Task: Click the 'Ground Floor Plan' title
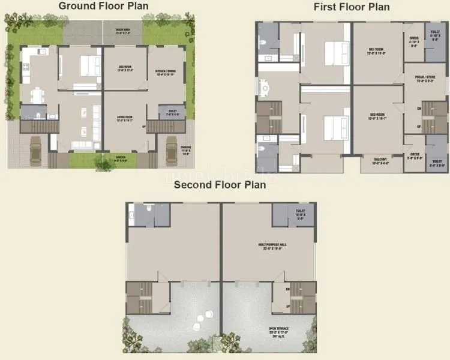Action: tap(104, 6)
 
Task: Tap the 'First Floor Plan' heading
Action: tap(352, 7)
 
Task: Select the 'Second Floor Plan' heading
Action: tap(220, 185)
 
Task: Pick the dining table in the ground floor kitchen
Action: tap(37, 95)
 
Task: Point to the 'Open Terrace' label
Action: tap(281, 330)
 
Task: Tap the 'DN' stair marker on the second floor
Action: tap(288, 289)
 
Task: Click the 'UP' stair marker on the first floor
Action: tap(418, 127)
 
